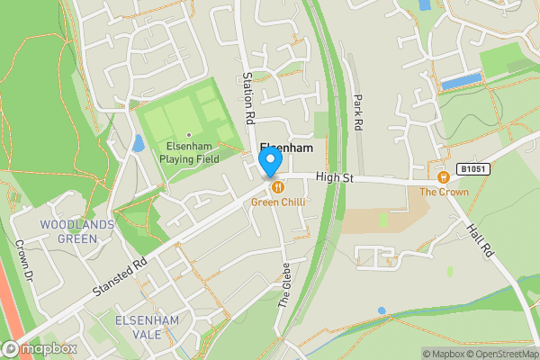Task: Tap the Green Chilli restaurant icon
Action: coord(277,187)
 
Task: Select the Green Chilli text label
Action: coord(277,202)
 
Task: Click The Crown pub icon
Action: coord(443,176)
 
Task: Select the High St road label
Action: coord(335,179)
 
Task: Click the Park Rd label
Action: coord(357,113)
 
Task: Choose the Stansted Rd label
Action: coord(119,279)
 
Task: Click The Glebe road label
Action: coord(283,289)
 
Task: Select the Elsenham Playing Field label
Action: coord(189,153)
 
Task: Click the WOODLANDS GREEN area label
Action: coord(76,231)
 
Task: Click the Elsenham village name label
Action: coord(286,148)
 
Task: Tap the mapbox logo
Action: coord(40,348)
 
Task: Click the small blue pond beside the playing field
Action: coord(138,142)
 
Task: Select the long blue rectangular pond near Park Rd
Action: coord(462,81)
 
